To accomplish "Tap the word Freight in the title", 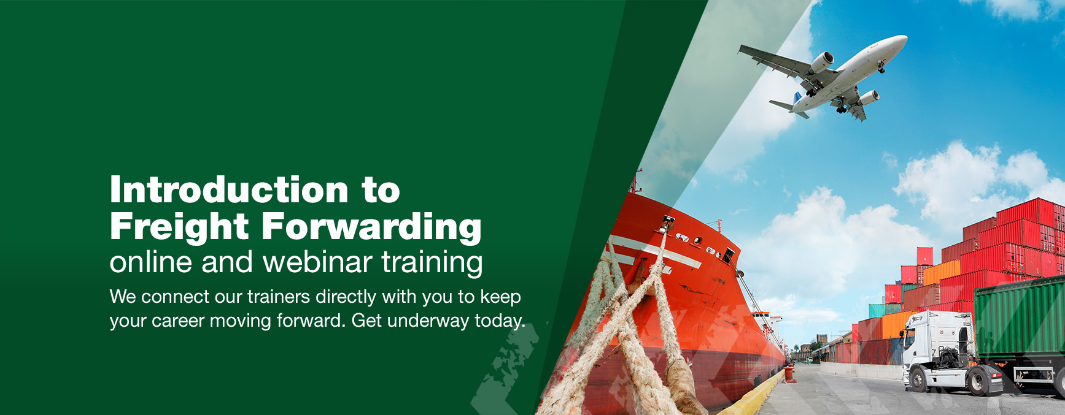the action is [x=179, y=227].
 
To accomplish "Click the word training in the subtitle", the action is [x=432, y=263].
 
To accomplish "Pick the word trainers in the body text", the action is [x=278, y=297].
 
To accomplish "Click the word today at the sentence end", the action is [x=500, y=321].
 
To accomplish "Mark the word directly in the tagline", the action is [x=346, y=297].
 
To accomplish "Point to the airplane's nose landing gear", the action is [x=881, y=67].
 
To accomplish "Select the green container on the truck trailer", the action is [x=1020, y=318].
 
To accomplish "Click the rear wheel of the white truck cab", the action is [x=977, y=381].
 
